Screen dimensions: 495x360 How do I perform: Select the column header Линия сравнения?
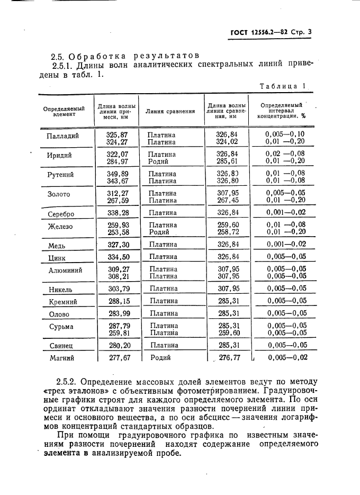170,112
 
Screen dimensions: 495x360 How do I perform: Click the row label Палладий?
63,136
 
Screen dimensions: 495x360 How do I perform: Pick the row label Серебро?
61,214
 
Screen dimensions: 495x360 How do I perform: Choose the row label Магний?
61,358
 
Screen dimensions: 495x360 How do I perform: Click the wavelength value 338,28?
118,213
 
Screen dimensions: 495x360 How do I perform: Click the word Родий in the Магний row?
160,358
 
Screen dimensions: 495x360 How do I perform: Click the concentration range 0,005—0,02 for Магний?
287,358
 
